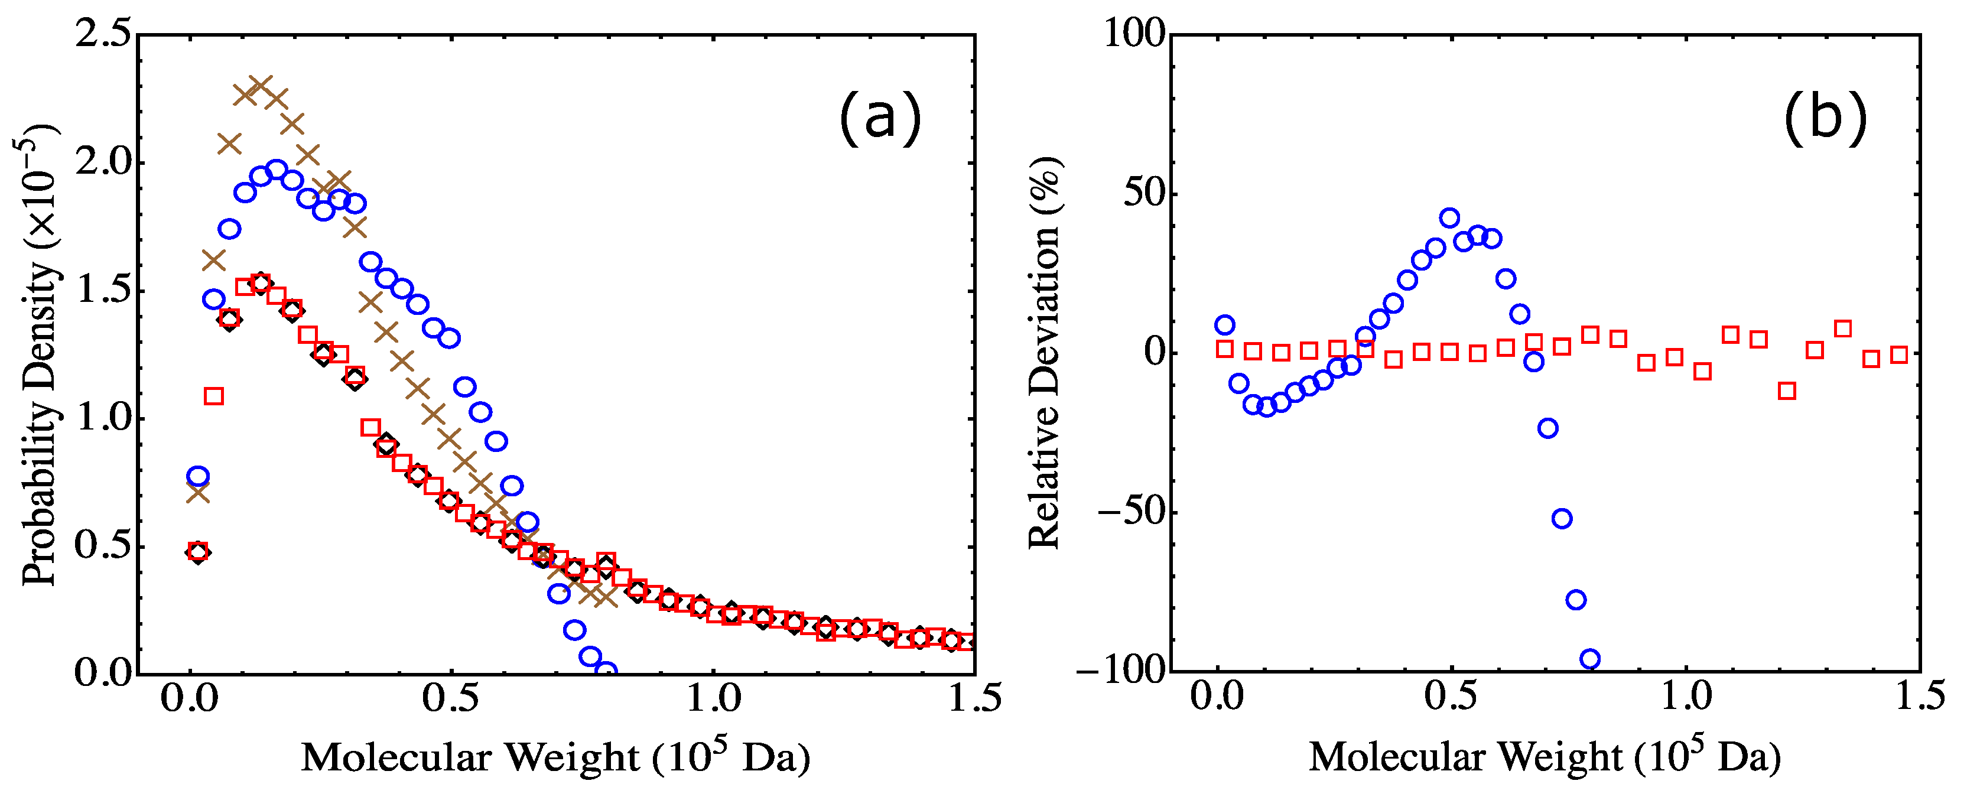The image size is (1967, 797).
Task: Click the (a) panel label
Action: tap(880, 118)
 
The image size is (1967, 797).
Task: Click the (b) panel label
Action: tap(1825, 118)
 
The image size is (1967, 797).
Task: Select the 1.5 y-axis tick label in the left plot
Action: tap(103, 291)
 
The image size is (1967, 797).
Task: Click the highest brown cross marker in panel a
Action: tap(261, 86)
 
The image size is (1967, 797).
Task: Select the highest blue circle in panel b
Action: tap(1449, 217)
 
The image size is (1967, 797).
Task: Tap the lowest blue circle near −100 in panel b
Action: tap(1590, 659)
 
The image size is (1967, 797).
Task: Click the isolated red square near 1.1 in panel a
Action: tap(214, 396)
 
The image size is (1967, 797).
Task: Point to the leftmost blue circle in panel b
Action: tap(1225, 325)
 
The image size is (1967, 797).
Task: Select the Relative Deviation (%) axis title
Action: tap(1045, 353)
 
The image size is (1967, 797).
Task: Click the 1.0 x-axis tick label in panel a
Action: tap(713, 698)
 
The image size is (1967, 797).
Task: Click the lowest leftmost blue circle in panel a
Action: tap(198, 476)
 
